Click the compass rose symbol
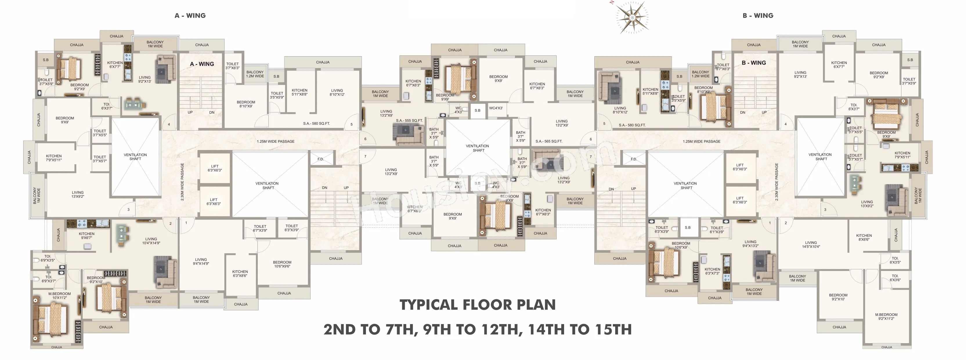[632, 17]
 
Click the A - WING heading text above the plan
[190, 15]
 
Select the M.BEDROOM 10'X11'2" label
[59, 296]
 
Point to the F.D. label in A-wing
[321, 159]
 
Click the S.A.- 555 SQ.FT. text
[409, 121]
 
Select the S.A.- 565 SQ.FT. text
[549, 141]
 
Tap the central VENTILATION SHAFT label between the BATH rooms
[477, 148]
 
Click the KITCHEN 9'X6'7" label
[87, 236]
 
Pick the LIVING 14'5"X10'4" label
[811, 245]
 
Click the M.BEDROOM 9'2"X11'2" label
[886, 316]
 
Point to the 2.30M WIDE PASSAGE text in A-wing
[183, 182]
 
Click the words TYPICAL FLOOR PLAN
[477, 305]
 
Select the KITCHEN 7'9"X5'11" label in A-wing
[54, 158]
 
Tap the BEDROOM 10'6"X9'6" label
[282, 264]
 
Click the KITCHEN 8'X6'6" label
[864, 237]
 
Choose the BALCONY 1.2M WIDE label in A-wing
[255, 74]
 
